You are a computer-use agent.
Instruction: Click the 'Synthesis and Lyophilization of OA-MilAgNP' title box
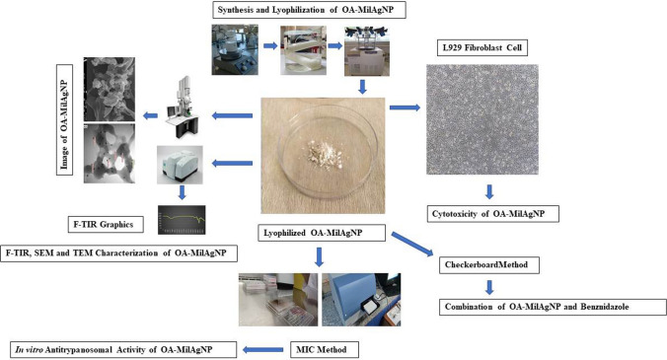pyautogui.click(x=309, y=10)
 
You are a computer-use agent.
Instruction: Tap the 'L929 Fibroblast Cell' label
pyautogui.click(x=482, y=47)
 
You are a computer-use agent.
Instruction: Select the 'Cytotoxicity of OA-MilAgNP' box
pyautogui.click(x=492, y=214)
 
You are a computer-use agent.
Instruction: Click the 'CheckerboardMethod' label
pyautogui.click(x=489, y=264)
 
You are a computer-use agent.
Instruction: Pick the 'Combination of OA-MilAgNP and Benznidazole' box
pyautogui.click(x=553, y=307)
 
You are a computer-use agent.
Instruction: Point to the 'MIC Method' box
pyautogui.click(x=325, y=350)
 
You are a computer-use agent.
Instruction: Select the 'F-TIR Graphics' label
pyautogui.click(x=106, y=225)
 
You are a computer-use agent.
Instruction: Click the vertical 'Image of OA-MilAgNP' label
pyautogui.click(x=64, y=119)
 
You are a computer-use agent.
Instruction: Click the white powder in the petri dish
pyautogui.click(x=326, y=155)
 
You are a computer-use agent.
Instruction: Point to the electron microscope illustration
pyautogui.click(x=183, y=108)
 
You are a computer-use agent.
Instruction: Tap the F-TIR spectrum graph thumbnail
pyautogui.click(x=182, y=220)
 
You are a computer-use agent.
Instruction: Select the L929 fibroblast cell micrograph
pyautogui.click(x=482, y=119)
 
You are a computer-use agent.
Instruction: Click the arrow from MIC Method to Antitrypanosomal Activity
pyautogui.click(x=262, y=350)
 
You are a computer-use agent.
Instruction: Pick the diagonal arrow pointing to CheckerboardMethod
pyautogui.click(x=411, y=245)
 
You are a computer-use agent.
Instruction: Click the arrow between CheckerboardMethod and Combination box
pyautogui.click(x=489, y=287)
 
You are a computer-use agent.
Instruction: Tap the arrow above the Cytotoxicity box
pyautogui.click(x=489, y=191)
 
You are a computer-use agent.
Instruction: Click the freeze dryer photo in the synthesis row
pyautogui.click(x=367, y=50)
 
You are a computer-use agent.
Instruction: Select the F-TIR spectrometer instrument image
pyautogui.click(x=180, y=165)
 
